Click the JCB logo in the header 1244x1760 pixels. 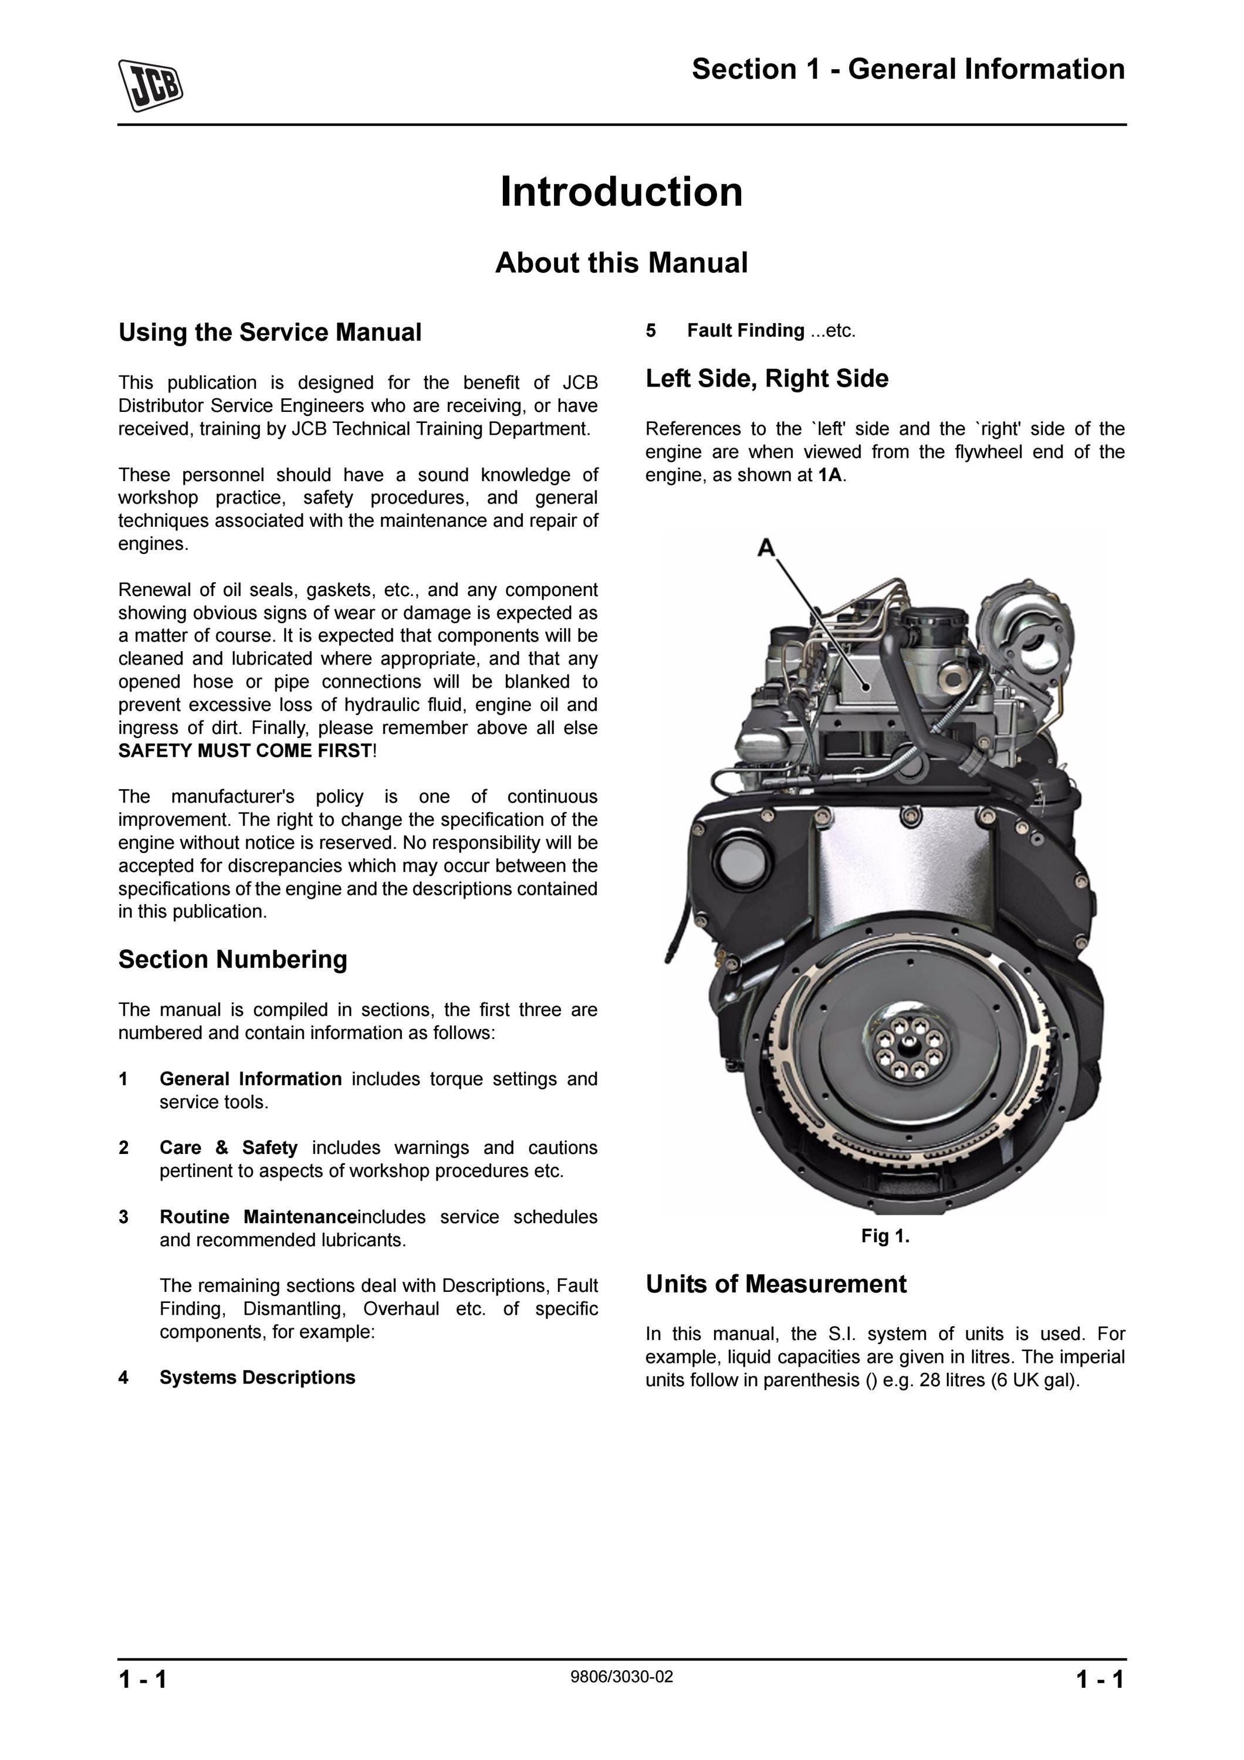coord(150,85)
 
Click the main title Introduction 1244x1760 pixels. coord(621,192)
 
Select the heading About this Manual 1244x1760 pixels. coord(621,262)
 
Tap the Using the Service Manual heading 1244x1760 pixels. coord(270,333)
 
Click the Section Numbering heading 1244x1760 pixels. coord(233,960)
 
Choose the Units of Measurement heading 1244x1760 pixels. coord(776,1284)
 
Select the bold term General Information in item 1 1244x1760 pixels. coord(251,1079)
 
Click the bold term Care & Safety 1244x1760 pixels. coord(228,1148)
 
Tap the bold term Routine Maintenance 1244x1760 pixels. coord(258,1217)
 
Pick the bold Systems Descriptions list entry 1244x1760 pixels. coord(258,1377)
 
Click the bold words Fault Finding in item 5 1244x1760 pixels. coord(746,330)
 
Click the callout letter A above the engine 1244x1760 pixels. coord(766,548)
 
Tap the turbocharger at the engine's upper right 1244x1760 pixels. coord(1025,636)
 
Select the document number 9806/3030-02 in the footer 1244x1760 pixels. coord(621,1677)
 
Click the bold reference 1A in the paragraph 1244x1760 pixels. coord(830,475)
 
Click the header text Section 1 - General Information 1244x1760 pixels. coord(908,69)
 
